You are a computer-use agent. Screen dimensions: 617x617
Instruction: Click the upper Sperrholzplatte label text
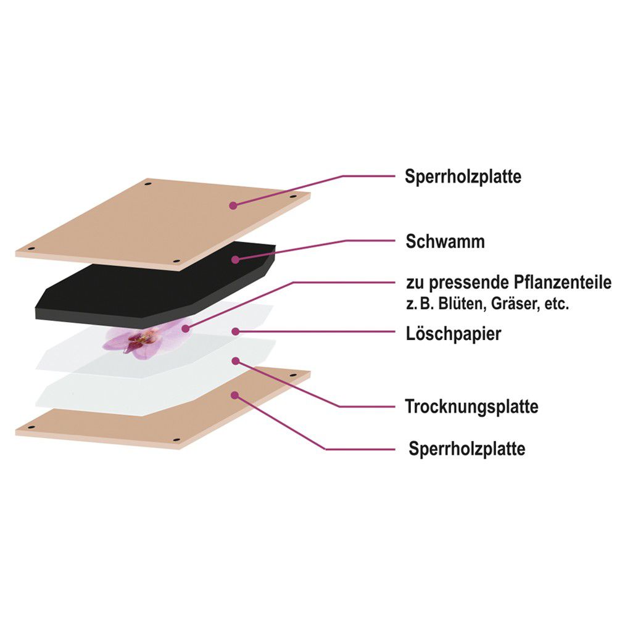click(463, 176)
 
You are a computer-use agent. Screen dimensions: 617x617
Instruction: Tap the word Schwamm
click(445, 241)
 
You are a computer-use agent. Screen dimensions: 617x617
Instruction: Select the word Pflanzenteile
click(562, 283)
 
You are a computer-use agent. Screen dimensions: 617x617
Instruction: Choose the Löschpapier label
click(453, 334)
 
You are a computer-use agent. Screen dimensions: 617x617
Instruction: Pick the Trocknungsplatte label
click(472, 407)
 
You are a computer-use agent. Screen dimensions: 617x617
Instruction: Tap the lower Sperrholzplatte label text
click(466, 449)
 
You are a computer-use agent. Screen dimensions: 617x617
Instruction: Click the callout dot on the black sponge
click(235, 260)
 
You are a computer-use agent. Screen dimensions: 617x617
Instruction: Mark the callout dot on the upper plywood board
click(233, 205)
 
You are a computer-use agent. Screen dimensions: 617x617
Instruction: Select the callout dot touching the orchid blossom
click(186, 328)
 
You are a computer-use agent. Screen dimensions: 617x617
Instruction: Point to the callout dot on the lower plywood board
click(235, 395)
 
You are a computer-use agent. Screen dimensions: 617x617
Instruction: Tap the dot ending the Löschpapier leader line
click(236, 332)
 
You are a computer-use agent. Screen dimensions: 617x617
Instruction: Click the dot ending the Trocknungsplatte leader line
click(236, 361)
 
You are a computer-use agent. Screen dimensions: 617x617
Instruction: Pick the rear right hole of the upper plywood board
click(292, 196)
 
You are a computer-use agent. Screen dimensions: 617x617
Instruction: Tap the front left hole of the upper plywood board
click(31, 249)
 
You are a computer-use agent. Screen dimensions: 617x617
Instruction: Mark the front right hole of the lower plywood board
click(176, 439)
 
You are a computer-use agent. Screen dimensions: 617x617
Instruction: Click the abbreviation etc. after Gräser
click(557, 304)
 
